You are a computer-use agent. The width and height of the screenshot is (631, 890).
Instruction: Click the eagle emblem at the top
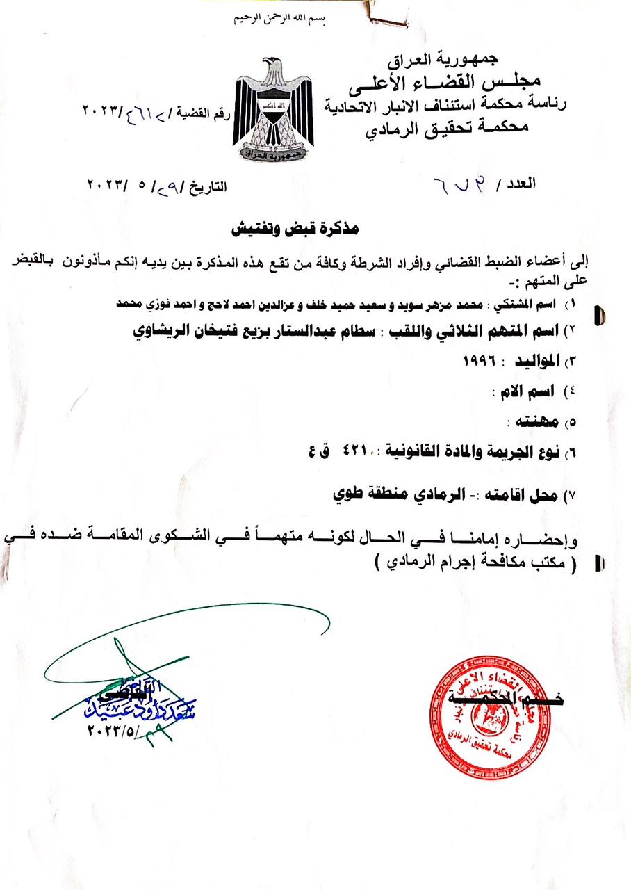(273, 109)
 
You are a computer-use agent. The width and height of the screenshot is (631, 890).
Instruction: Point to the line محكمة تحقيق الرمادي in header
(447, 127)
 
